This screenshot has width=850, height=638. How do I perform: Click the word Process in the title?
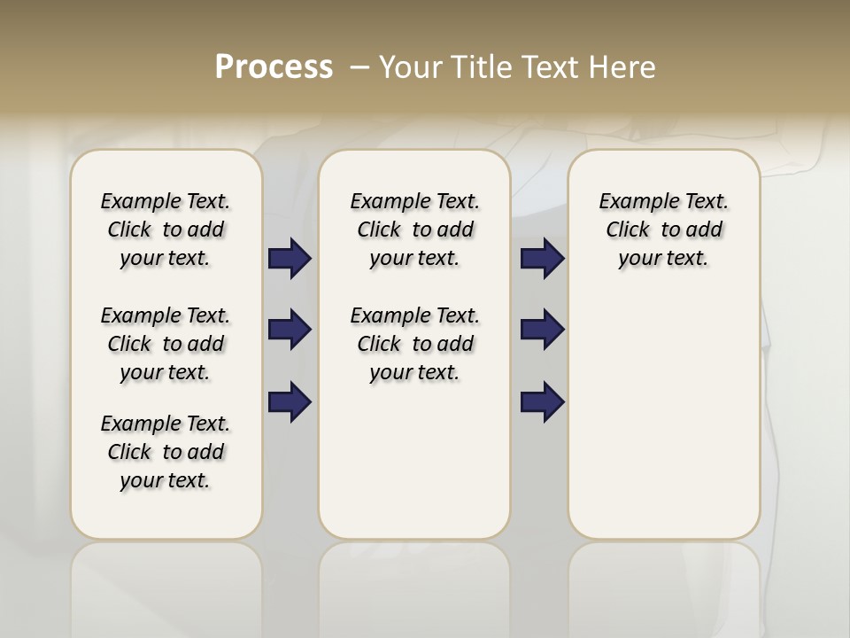274,67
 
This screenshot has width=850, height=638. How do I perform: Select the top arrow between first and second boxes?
290,258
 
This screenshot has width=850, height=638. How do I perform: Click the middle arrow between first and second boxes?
290,330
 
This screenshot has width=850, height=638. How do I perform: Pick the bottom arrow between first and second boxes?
290,402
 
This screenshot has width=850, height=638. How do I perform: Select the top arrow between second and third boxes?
542,258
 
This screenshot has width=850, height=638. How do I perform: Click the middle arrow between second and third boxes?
542,330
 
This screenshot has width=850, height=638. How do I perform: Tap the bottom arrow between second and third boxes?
542,402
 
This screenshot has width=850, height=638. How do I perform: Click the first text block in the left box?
166,230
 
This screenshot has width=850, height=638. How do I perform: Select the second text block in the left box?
166,344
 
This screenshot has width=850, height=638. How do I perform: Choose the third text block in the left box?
166,452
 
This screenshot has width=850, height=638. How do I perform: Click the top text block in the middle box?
414,230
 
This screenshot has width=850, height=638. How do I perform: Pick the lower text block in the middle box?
414,344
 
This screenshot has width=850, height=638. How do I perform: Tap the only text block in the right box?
663,230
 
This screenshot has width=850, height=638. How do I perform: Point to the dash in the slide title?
359,67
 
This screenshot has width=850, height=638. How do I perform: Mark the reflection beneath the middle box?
414,585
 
